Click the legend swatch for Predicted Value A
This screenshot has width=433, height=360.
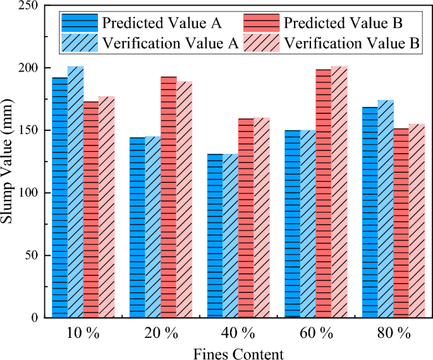tap(80, 23)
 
